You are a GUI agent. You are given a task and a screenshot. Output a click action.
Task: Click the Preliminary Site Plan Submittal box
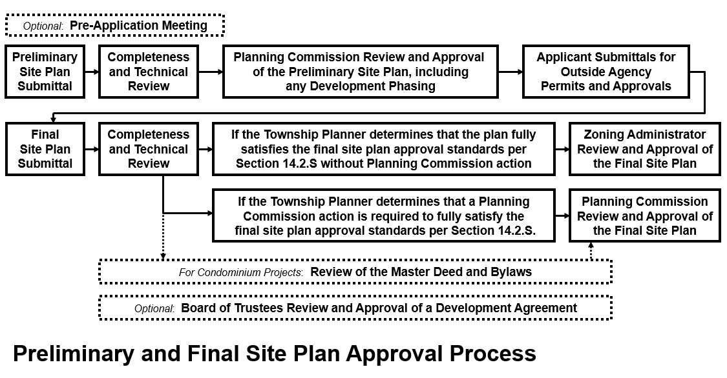pos(45,72)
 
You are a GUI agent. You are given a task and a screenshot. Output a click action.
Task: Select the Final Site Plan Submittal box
pos(45,149)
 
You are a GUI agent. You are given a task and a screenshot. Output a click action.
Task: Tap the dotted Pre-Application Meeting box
pos(115,25)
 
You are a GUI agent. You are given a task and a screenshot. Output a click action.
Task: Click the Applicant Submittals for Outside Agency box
pos(606,72)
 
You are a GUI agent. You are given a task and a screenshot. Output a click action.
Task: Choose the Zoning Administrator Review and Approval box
pos(645,149)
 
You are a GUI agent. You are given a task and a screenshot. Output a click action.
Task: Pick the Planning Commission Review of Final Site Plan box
pos(645,215)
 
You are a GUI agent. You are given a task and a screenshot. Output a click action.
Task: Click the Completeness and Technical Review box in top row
pos(149,72)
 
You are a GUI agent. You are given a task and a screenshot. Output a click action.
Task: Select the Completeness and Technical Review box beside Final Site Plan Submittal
pos(149,149)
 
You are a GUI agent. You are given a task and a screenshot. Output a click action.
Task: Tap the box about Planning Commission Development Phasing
pos(360,72)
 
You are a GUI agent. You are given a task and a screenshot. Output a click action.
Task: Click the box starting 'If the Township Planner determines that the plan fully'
pos(383,149)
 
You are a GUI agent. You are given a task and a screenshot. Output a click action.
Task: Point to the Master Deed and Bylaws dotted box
pos(355,272)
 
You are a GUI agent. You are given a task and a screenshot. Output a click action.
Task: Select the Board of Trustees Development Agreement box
pos(355,308)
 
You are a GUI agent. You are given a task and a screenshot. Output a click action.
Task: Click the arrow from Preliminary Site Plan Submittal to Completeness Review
pos(92,72)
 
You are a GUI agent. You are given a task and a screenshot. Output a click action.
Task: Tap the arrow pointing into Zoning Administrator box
pos(562,150)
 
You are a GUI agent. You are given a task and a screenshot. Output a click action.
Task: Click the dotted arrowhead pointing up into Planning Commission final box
pos(591,244)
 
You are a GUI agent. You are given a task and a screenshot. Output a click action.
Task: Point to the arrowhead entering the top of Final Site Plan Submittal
pos(54,120)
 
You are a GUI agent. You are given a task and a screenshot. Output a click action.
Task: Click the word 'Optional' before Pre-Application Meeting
pos(42,26)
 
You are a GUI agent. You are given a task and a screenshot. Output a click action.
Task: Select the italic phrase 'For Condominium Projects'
pos(240,272)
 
